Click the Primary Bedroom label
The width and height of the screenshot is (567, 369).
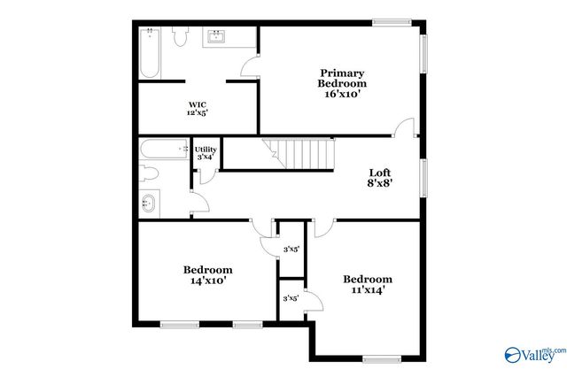(342, 78)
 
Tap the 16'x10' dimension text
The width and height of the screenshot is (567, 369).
(342, 94)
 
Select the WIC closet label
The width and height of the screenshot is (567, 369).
(197, 104)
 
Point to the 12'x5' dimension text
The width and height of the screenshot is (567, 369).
(197, 113)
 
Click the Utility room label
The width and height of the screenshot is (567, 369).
(206, 150)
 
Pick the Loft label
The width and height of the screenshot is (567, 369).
(380, 173)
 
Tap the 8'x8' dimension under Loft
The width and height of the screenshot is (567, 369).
(380, 185)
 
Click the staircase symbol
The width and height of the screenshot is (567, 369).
(302, 155)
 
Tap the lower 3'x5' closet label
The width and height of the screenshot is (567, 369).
(290, 298)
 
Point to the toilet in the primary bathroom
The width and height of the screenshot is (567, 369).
(182, 36)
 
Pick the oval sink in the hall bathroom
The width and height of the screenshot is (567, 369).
(150, 204)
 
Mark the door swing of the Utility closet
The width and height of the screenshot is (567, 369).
(205, 174)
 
